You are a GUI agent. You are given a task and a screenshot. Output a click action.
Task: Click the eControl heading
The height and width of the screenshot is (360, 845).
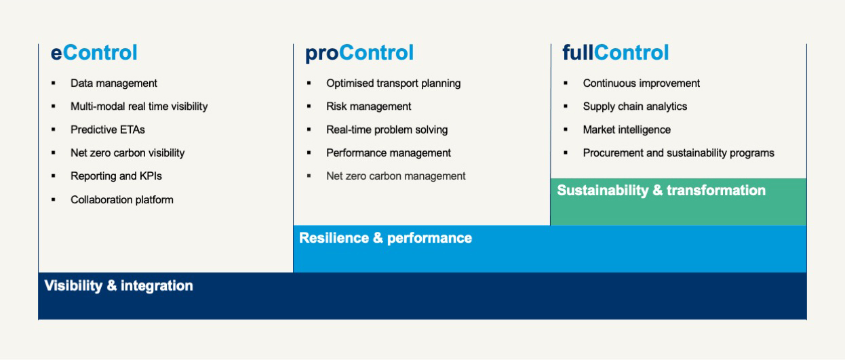[x=94, y=52]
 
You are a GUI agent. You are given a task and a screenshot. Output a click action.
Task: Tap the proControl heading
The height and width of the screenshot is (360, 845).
[x=359, y=53]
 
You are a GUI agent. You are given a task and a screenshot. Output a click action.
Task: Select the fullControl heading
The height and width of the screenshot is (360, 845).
[x=616, y=52]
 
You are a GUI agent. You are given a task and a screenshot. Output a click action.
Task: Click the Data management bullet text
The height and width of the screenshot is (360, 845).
[x=113, y=83]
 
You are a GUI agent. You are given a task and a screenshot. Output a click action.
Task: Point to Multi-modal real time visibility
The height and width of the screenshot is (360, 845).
[x=139, y=106]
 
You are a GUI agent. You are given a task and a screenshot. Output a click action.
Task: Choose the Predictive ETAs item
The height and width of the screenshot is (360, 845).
[x=108, y=129]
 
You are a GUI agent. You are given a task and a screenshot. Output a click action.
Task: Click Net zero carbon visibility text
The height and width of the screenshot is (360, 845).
[x=127, y=153]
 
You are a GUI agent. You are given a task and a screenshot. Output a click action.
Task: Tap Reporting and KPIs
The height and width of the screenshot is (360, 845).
[x=116, y=176]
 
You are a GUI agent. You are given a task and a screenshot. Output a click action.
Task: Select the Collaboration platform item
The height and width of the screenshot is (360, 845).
[x=122, y=200]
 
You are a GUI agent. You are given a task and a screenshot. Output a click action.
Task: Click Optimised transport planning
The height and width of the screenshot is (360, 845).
[x=393, y=83]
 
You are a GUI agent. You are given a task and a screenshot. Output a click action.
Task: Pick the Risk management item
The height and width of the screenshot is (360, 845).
[x=368, y=106]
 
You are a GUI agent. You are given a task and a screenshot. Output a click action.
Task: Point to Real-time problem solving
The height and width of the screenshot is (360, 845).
[x=387, y=129]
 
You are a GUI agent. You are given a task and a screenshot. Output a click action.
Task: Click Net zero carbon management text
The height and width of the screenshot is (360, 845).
[x=396, y=176]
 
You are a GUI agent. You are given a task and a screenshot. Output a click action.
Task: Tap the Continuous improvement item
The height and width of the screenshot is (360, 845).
[x=642, y=83]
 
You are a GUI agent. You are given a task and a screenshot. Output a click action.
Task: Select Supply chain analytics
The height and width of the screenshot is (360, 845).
[x=635, y=106]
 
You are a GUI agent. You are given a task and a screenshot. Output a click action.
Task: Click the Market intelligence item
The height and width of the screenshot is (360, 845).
[x=627, y=129]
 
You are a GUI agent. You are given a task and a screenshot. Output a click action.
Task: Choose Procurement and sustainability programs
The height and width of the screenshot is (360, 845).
[x=679, y=153]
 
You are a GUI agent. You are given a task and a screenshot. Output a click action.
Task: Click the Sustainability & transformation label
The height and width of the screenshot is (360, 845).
[x=661, y=191]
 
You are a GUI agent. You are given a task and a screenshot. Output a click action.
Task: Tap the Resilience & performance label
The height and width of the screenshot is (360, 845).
[x=385, y=238]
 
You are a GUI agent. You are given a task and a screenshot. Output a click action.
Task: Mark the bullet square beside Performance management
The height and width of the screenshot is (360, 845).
[x=309, y=153]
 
